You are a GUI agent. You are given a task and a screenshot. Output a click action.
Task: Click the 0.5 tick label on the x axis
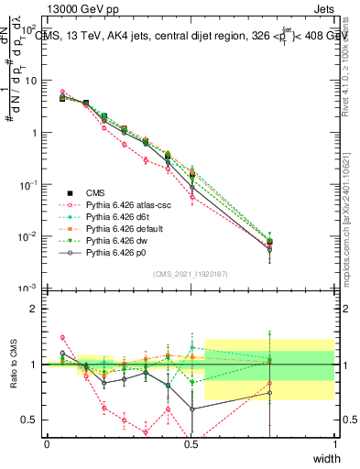tap(191, 444)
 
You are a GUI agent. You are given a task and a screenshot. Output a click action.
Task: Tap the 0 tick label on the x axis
tap(47, 444)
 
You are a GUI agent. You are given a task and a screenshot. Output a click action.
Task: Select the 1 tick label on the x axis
tap(334, 444)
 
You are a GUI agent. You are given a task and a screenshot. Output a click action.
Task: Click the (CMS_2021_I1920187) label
tap(191, 272)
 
